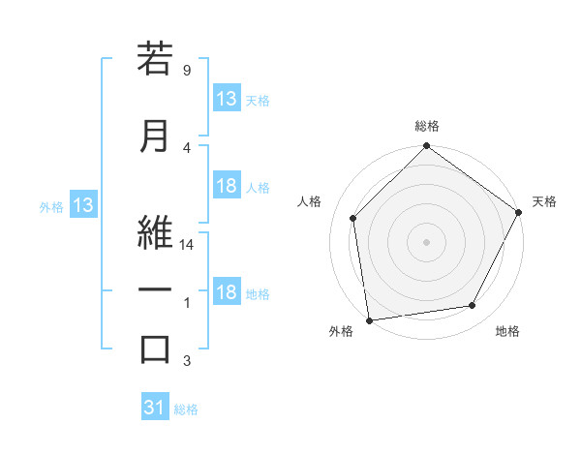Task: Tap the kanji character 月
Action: click(x=155, y=135)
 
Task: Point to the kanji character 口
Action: click(x=155, y=349)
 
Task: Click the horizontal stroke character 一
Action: click(x=155, y=290)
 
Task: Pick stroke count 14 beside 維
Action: click(x=188, y=246)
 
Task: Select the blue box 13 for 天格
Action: click(x=227, y=99)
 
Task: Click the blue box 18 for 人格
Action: click(x=227, y=187)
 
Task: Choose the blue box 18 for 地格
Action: click(x=227, y=293)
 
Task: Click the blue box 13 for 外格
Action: click(x=82, y=205)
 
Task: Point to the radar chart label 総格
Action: click(x=426, y=126)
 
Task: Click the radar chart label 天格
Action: click(x=544, y=201)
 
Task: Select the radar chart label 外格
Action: click(x=341, y=331)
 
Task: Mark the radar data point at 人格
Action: click(x=353, y=218)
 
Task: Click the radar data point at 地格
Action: click(x=473, y=306)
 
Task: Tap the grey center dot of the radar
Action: click(x=426, y=241)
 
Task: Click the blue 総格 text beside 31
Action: click(x=186, y=409)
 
